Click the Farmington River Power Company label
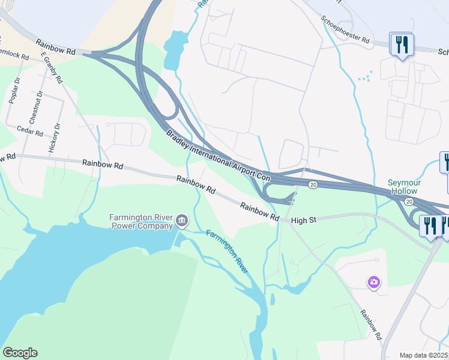tap(142, 221)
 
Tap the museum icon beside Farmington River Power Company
tap(181, 223)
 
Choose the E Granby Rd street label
tap(52, 67)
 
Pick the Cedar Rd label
tap(30, 130)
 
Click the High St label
tap(303, 221)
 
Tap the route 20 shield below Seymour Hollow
tap(409, 201)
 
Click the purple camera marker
tap(374, 281)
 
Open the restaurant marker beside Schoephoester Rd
tap(401, 44)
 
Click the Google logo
tap(20, 353)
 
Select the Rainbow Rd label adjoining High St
tap(259, 212)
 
